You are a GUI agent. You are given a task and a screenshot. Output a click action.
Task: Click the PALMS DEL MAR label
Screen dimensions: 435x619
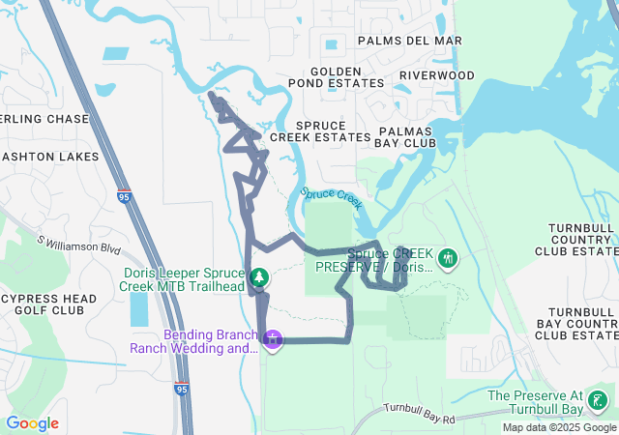(409, 41)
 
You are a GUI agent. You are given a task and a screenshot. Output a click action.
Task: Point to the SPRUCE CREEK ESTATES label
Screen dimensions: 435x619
(320, 131)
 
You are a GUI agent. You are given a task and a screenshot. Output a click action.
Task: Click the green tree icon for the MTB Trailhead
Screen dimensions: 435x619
(258, 278)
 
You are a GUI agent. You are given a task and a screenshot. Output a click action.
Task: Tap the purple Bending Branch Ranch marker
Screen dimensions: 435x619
(274, 339)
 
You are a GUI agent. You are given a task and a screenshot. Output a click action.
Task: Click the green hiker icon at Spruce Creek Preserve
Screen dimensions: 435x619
(447, 259)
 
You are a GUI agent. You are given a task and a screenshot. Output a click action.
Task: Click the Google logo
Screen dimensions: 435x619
(32, 423)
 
